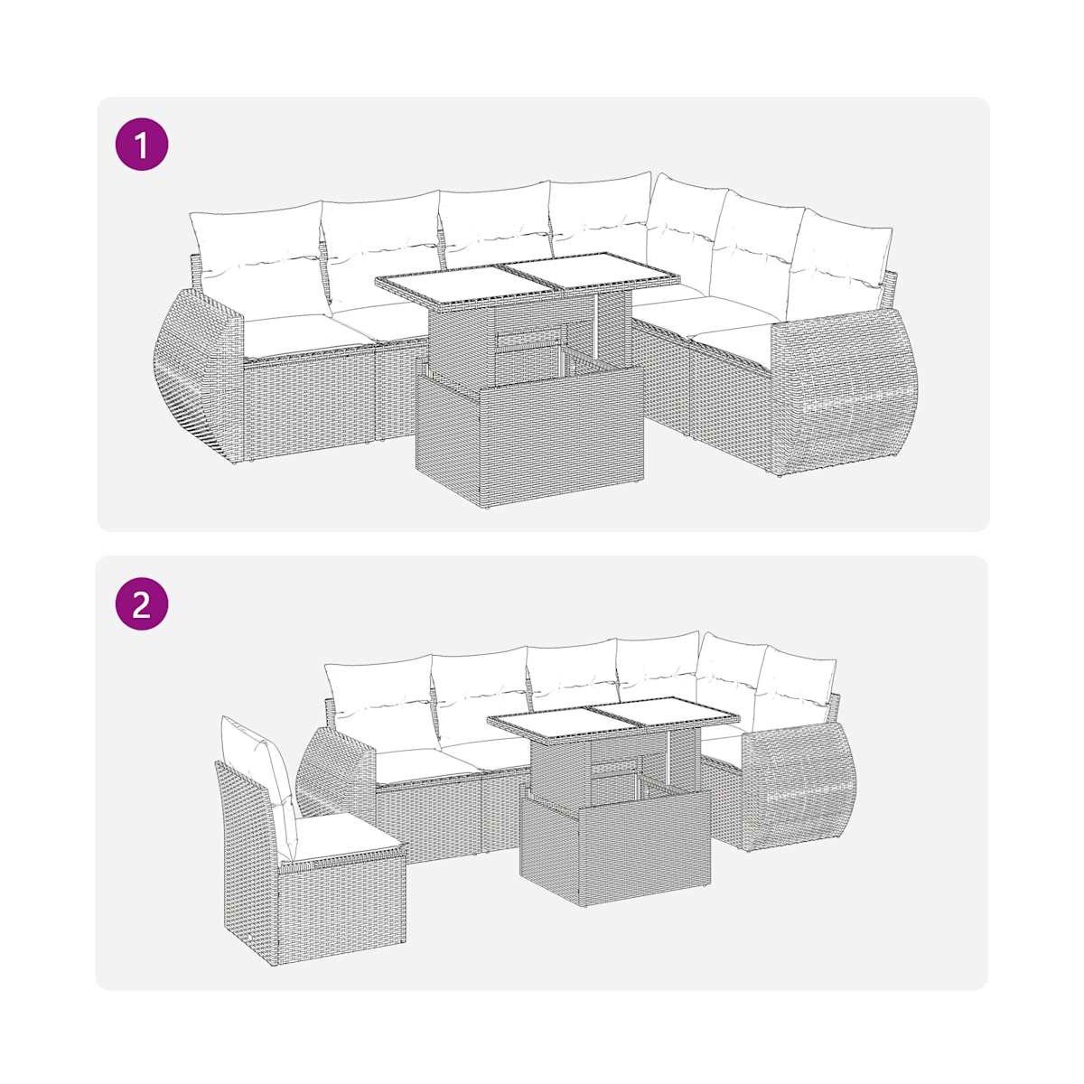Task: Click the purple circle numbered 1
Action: pos(142,145)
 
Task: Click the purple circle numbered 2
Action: pos(142,605)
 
